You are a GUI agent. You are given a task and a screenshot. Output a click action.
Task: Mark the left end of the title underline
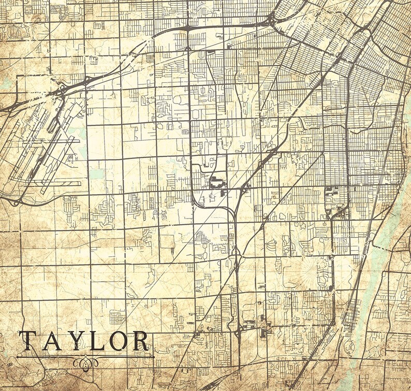point(17,356)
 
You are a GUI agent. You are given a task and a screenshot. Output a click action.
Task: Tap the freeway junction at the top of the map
point(271,21)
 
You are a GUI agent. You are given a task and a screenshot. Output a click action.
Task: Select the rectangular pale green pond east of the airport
point(96,174)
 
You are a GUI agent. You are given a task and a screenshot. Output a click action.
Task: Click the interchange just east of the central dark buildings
point(244,187)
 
